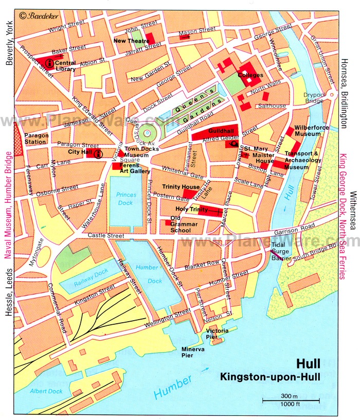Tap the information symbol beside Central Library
49,63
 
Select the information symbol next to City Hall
99,153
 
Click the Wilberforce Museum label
307,131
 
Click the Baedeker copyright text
39,16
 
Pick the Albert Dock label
46,391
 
